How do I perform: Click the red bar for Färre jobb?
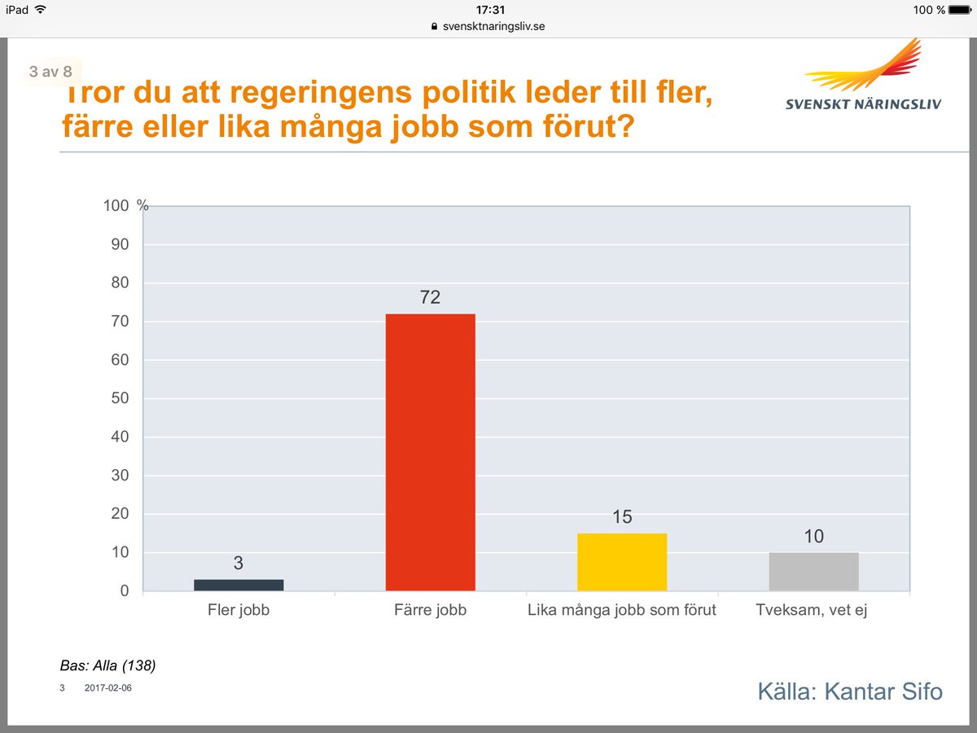[430, 452]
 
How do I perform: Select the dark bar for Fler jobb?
[239, 585]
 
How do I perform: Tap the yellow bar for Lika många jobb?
[622, 562]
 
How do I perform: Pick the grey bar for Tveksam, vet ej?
[813, 572]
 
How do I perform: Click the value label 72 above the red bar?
[430, 298]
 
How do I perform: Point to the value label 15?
[622, 517]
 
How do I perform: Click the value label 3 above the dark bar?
[239, 563]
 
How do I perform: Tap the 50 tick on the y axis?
[120, 398]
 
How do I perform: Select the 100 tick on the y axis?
[116, 206]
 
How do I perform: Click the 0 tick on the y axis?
[125, 590]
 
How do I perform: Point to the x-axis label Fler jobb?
[239, 610]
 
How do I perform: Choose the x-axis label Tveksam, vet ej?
[812, 610]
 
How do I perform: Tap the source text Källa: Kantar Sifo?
[850, 692]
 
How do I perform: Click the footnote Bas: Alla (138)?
[108, 665]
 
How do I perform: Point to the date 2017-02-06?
[107, 688]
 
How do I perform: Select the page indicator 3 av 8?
[50, 72]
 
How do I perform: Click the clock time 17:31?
[488, 10]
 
